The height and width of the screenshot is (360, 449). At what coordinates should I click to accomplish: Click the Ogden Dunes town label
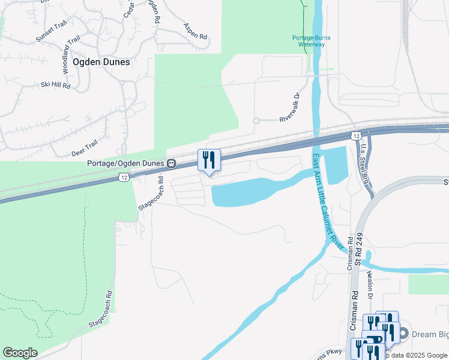(101, 61)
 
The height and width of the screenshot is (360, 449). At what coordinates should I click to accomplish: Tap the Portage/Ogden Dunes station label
(125, 163)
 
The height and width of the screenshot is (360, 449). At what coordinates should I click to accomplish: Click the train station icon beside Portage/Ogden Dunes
(172, 163)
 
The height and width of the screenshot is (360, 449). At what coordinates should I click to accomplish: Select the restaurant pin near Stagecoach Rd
(209, 161)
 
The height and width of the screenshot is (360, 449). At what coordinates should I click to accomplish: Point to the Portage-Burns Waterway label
(311, 41)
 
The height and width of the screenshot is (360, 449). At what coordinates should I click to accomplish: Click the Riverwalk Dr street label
(289, 108)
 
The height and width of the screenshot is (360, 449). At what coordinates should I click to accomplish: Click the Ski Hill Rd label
(56, 86)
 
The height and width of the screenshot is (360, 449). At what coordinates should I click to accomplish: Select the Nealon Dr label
(370, 286)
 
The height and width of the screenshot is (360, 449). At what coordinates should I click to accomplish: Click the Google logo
(20, 353)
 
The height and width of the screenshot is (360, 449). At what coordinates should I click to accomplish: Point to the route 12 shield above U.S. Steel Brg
(357, 136)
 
